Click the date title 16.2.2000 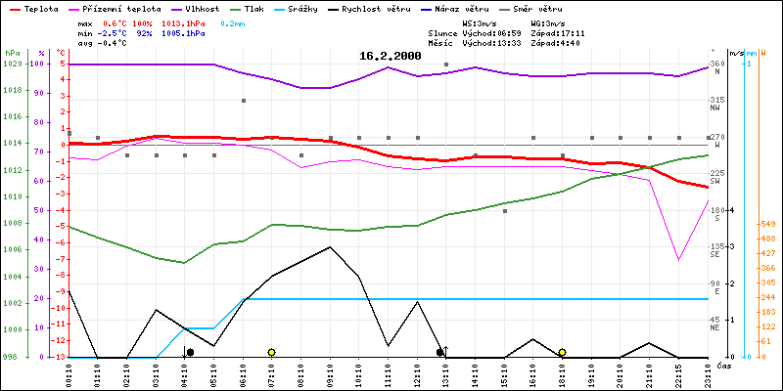390,57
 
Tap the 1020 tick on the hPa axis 12,64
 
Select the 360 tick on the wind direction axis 717,65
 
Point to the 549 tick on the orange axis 767,224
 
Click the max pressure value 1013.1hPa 183,22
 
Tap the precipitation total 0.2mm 233,22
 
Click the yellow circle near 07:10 271,352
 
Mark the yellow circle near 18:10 562,352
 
